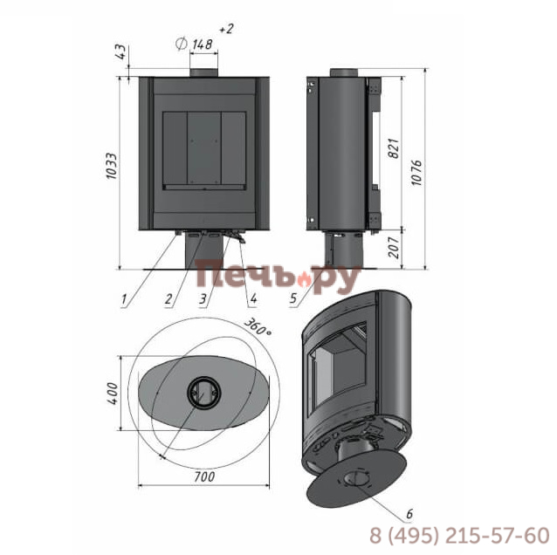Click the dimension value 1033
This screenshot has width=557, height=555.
pyautogui.click(x=112, y=166)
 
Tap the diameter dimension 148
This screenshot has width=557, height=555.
pyautogui.click(x=203, y=45)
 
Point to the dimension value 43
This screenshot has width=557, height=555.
pyautogui.click(x=121, y=51)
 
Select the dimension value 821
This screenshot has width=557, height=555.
pyautogui.click(x=394, y=148)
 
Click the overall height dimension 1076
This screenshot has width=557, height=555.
pyautogui.click(x=416, y=173)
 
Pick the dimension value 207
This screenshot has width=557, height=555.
pyautogui.click(x=394, y=247)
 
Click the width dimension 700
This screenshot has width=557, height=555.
pyautogui.click(x=204, y=476)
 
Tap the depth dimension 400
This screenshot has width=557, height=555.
pyautogui.click(x=113, y=394)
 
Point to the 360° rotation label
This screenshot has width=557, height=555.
pyautogui.click(x=258, y=326)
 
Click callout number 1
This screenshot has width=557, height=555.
pyautogui.click(x=124, y=299)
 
